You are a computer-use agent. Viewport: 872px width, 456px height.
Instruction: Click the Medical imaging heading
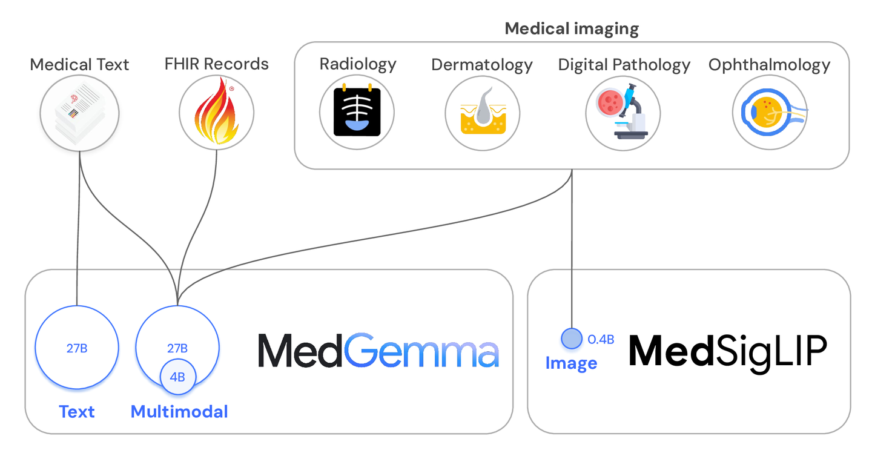pyautogui.click(x=572, y=28)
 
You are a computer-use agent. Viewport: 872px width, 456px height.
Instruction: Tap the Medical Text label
pyautogui.click(x=79, y=64)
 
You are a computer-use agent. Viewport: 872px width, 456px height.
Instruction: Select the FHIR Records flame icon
pyautogui.click(x=216, y=114)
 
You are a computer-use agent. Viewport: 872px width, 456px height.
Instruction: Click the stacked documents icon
pyautogui.click(x=79, y=113)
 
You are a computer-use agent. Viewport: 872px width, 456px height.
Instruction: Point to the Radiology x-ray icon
pyautogui.click(x=357, y=111)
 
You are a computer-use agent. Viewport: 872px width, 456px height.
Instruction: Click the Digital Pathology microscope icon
pyautogui.click(x=623, y=113)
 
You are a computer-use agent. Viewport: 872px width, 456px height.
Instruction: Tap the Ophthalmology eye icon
pyautogui.click(x=769, y=113)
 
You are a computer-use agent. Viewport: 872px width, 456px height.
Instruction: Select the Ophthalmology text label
pyautogui.click(x=769, y=65)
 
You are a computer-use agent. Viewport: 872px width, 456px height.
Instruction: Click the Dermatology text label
pyautogui.click(x=481, y=65)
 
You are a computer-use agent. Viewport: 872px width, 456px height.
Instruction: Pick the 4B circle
pyautogui.click(x=177, y=377)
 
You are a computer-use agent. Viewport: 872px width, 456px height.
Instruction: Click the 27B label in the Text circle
pyautogui.click(x=77, y=348)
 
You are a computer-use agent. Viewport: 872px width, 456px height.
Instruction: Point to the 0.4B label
pyautogui.click(x=601, y=340)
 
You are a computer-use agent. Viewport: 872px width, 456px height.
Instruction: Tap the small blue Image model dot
pyautogui.click(x=571, y=339)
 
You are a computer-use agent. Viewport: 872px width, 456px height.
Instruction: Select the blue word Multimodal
pyautogui.click(x=179, y=412)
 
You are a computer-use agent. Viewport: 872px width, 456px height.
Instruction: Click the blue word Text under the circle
pyautogui.click(x=77, y=412)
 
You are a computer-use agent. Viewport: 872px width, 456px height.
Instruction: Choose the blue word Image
pyautogui.click(x=571, y=363)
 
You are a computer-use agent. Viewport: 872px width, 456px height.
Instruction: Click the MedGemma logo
pyautogui.click(x=378, y=350)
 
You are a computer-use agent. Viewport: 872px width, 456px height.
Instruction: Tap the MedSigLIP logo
pyautogui.click(x=727, y=350)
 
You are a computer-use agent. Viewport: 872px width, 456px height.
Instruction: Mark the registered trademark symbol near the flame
pyautogui.click(x=231, y=89)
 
